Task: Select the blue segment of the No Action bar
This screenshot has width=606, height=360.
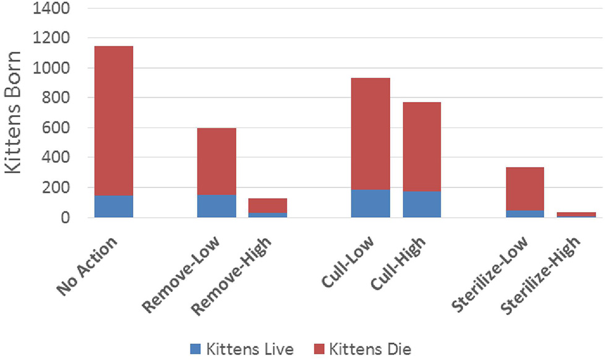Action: pyautogui.click(x=113, y=206)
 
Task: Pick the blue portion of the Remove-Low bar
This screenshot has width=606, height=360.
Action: pyautogui.click(x=216, y=206)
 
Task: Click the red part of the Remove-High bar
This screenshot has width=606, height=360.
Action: pyautogui.click(x=268, y=205)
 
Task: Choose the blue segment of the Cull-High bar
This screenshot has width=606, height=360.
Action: pyautogui.click(x=422, y=204)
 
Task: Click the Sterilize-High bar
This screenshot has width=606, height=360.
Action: pyautogui.click(x=576, y=214)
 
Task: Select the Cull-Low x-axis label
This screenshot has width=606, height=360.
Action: pyautogui.click(x=348, y=260)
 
